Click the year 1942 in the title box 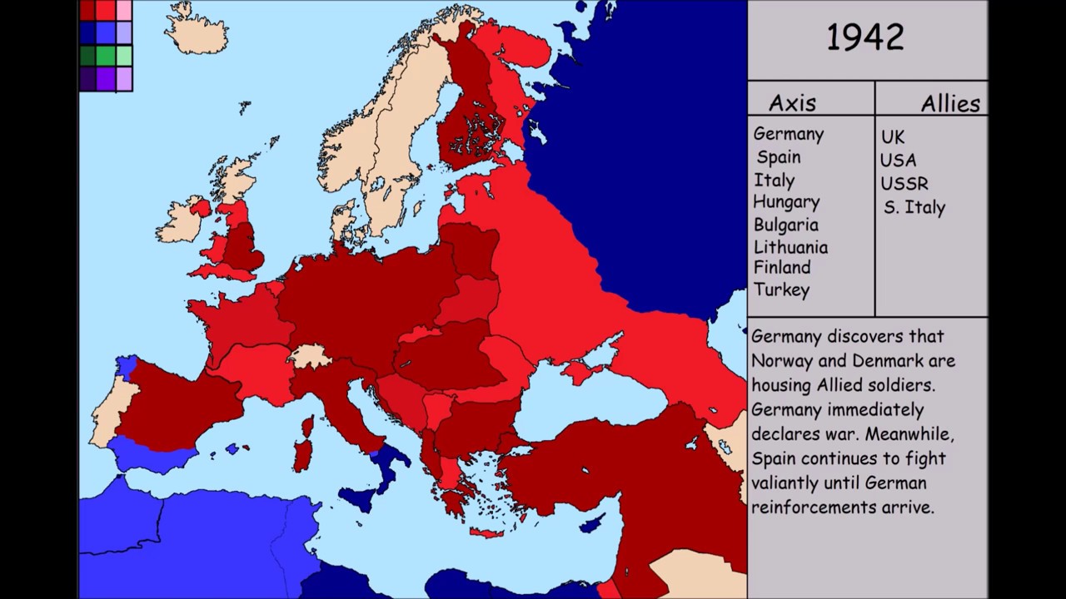click(x=865, y=38)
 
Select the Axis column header click(x=792, y=103)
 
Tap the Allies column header click(x=950, y=104)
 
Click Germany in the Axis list click(x=788, y=134)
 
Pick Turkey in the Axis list click(x=781, y=290)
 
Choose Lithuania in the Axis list click(x=790, y=247)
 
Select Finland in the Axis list click(x=782, y=267)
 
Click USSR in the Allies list click(x=904, y=183)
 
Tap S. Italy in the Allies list click(x=914, y=207)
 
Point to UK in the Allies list click(x=892, y=136)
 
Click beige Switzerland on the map click(x=311, y=357)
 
